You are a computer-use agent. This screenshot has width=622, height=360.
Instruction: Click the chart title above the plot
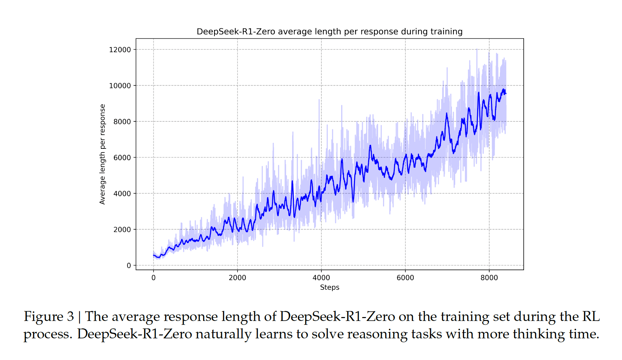pyautogui.click(x=329, y=32)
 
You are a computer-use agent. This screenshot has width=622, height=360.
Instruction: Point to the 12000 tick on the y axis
pyautogui.click(x=120, y=50)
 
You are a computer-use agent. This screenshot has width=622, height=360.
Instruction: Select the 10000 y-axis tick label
pyautogui.click(x=120, y=86)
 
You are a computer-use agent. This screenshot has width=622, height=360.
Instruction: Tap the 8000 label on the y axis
pyautogui.click(x=122, y=122)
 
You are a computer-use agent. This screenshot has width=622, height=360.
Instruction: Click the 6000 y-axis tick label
pyautogui.click(x=122, y=158)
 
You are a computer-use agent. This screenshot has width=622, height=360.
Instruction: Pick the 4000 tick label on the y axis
pyautogui.click(x=122, y=193)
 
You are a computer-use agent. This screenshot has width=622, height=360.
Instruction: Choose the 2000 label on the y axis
pyautogui.click(x=122, y=230)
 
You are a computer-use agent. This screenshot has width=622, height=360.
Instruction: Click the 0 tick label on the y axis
pyautogui.click(x=129, y=266)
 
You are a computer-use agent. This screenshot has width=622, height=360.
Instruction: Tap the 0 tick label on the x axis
pyautogui.click(x=153, y=278)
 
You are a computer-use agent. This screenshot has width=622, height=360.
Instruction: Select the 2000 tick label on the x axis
pyautogui.click(x=237, y=278)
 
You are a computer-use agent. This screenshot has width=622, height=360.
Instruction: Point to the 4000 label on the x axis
pyautogui.click(x=321, y=278)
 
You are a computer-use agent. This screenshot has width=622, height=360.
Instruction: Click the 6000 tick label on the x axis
pyautogui.click(x=405, y=278)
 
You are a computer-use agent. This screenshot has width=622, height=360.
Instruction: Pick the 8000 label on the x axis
pyautogui.click(x=489, y=278)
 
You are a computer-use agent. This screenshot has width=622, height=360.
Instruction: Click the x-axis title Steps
pyautogui.click(x=329, y=287)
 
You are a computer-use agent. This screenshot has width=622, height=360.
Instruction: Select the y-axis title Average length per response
pyautogui.click(x=103, y=154)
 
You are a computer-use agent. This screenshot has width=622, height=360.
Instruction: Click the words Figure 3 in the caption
pyautogui.click(x=49, y=316)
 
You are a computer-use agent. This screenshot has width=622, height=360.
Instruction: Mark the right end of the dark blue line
pyautogui.click(x=506, y=94)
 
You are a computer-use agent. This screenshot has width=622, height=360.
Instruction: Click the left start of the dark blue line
pyautogui.click(x=153, y=255)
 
